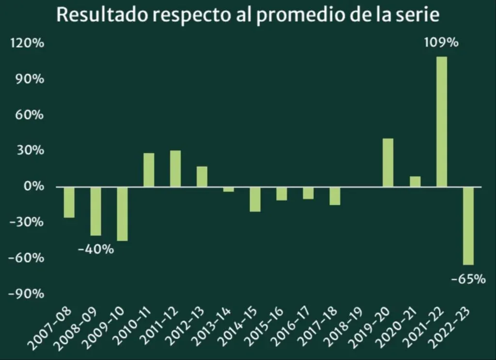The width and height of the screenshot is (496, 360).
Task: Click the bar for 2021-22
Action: coord(441,122)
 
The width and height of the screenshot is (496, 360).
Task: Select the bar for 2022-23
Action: coord(468,226)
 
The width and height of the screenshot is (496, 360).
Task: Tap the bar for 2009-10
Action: coord(122,214)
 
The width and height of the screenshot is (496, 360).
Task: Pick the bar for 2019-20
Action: coord(388,162)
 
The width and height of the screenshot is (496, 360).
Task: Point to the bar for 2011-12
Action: coord(175,169)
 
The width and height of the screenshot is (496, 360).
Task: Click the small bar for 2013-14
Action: coord(229,189)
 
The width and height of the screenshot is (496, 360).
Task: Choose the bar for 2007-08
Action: coord(69,202)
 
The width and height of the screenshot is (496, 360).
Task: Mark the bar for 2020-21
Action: coord(415,182)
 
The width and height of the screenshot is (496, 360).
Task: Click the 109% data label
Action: coord(441,43)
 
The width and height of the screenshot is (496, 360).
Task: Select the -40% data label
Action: coord(95,250)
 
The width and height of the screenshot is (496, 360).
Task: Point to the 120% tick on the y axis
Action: coord(27,44)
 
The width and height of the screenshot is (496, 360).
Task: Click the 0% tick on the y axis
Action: coord(33,187)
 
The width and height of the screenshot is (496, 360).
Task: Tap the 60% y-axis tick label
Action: coord(30,115)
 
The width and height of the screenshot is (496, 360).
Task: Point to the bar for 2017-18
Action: coord(335,196)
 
